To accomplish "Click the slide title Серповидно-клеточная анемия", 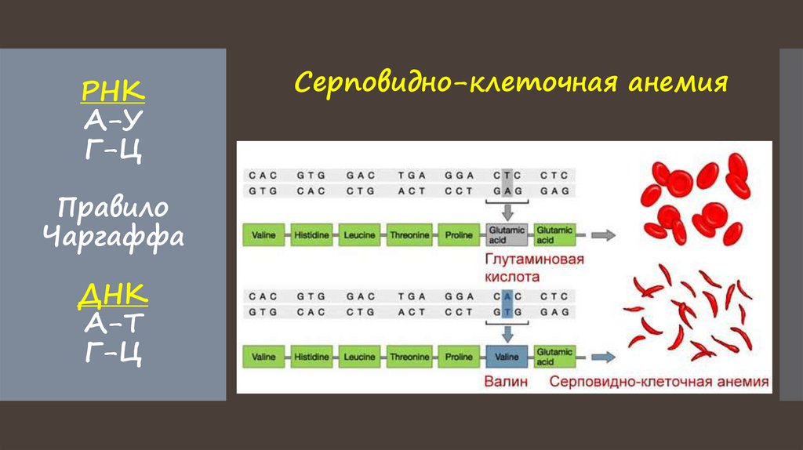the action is pos(511,82).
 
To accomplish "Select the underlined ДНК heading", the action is pos(113,296).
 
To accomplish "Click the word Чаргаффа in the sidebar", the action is pos(113,236).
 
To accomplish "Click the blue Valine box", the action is pos(507,357).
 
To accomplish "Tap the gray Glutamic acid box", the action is pos(507,234).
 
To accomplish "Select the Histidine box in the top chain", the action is pos(313,234).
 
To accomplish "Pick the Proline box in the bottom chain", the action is pos(459,357).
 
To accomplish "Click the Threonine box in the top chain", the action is pos(410,234).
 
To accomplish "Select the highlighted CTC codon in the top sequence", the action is pos(506,175).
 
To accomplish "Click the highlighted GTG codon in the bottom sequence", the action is pos(506,312).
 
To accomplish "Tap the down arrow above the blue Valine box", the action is pos(507,333).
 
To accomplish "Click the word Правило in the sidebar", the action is pos(113,209).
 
